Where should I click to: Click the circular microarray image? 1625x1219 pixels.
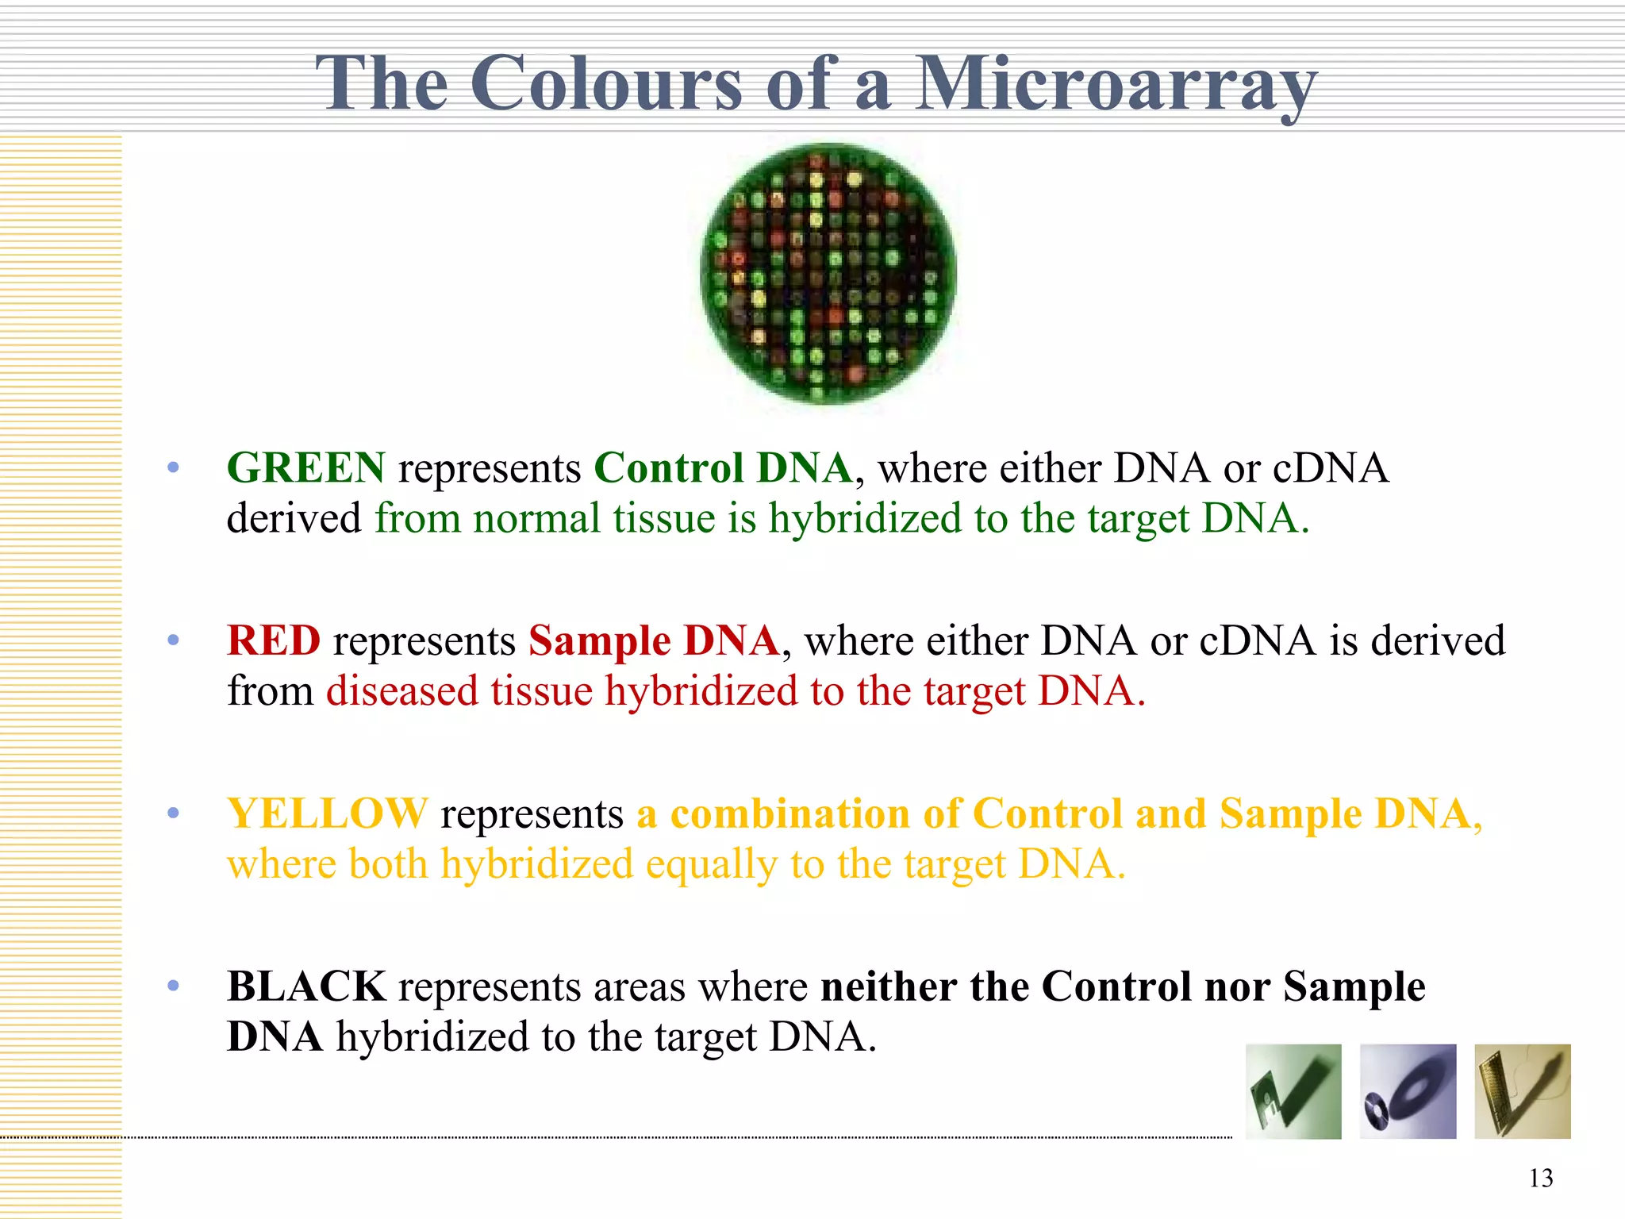[x=828, y=274]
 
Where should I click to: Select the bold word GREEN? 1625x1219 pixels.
[x=306, y=467]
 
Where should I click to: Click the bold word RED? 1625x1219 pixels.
[x=274, y=640]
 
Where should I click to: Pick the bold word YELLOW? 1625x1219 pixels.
[x=327, y=813]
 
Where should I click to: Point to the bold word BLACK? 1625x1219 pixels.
[x=306, y=986]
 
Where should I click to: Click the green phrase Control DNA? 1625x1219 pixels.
[x=723, y=467]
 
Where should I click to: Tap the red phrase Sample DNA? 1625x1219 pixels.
[x=654, y=640]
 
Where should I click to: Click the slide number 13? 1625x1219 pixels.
[x=1541, y=1178]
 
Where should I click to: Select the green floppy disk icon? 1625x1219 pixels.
[x=1293, y=1091]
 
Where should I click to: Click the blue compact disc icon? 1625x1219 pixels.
[x=1408, y=1091]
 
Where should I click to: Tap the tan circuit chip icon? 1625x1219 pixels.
[x=1522, y=1091]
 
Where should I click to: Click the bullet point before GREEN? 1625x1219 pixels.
[x=174, y=467]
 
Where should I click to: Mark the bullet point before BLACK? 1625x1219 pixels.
[x=174, y=986]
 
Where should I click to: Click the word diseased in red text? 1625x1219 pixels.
[x=402, y=690]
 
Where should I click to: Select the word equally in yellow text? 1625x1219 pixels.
[x=711, y=863]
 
